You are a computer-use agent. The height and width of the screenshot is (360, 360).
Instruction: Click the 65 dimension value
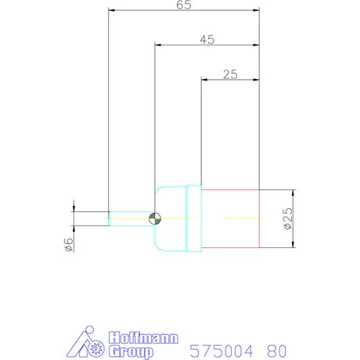[184, 5]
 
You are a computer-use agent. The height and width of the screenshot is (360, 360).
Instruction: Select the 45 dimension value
[207, 40]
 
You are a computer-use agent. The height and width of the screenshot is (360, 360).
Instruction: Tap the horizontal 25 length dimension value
[230, 74]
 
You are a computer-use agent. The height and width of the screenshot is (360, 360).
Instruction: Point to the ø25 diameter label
[288, 218]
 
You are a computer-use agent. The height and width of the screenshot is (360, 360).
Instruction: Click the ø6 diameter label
[69, 244]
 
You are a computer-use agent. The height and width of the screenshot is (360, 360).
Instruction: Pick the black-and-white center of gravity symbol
[155, 218]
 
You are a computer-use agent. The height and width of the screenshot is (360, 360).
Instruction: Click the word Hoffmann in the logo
[143, 338]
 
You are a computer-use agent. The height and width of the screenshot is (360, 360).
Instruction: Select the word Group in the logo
[131, 351]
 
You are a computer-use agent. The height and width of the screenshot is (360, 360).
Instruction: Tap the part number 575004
[221, 351]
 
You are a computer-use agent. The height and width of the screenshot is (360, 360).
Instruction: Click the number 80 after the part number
[276, 351]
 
